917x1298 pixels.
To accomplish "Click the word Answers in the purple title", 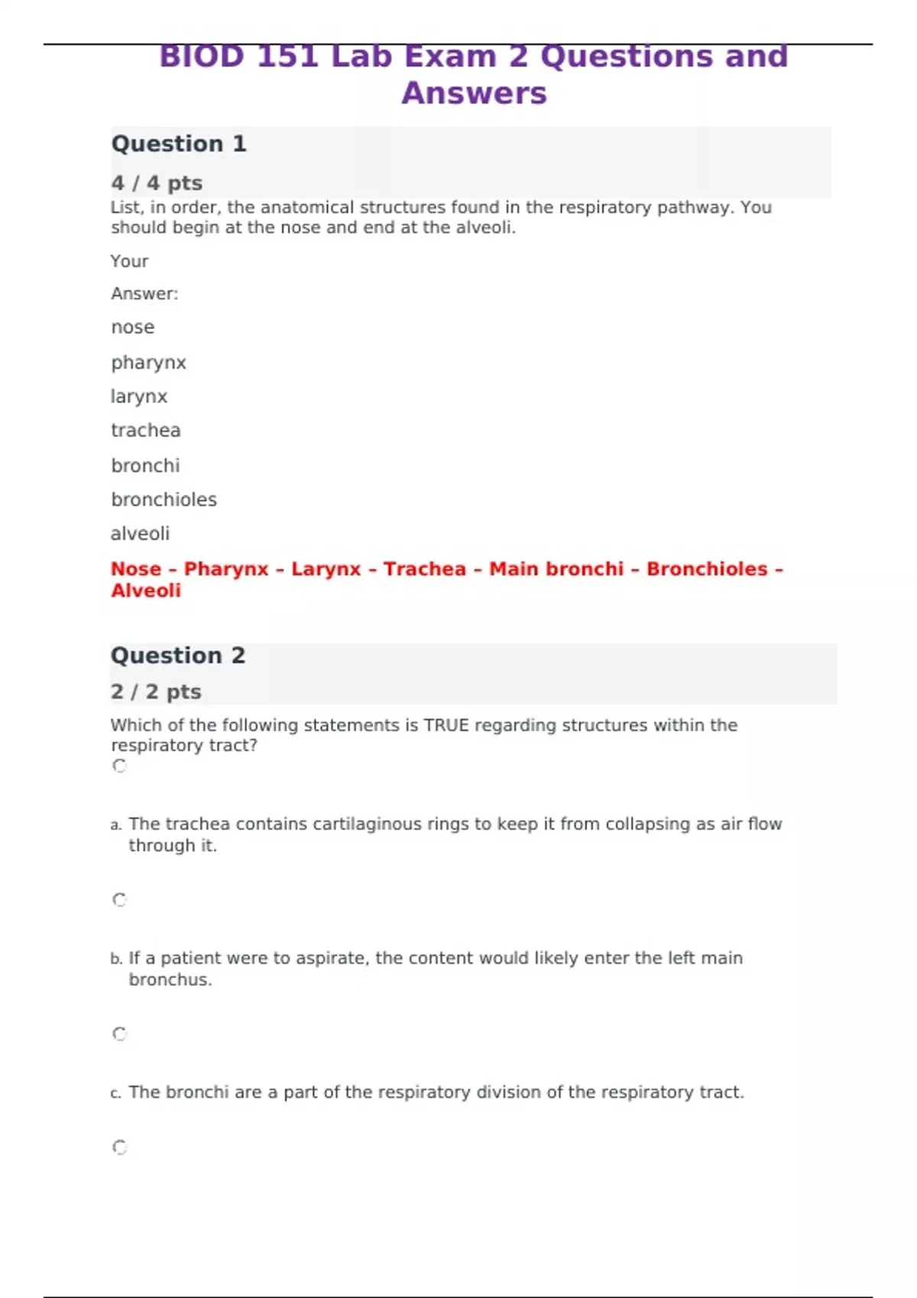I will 474,93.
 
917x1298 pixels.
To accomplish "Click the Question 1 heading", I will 179,144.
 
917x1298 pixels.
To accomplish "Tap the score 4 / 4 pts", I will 157,183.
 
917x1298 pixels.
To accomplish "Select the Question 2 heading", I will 178,655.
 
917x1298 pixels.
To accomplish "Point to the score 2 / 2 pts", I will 156,692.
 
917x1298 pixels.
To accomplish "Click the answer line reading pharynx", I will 148,363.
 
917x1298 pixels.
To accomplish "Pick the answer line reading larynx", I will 139,397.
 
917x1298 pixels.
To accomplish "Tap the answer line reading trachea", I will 146,431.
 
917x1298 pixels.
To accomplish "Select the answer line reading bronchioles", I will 164,499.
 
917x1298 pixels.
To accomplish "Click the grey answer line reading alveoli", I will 140,534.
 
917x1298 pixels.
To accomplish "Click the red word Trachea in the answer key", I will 424,569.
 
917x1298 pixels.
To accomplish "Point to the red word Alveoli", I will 146,590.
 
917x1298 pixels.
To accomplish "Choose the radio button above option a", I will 120,766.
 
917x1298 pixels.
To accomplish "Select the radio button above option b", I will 120,900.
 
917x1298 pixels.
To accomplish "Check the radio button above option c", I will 120,1034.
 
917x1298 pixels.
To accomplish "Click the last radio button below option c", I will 120,1147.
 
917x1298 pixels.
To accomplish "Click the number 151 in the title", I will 287,57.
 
